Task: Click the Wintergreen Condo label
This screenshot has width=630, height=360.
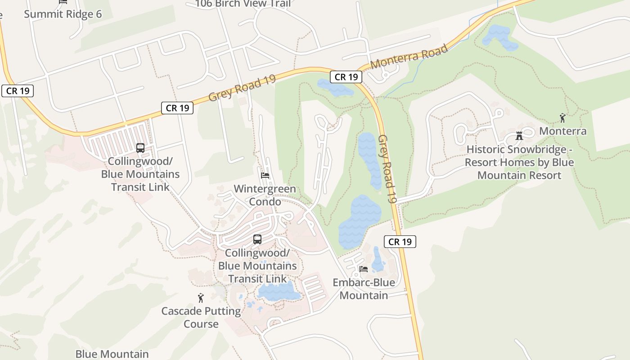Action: coord(265,195)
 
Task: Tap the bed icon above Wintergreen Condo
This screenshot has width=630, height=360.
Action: coord(265,175)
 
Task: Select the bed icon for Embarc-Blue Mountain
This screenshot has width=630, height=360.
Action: coord(364,269)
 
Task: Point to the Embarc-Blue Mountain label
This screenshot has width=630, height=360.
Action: coord(364,289)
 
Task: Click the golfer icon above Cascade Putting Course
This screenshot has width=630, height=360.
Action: coord(201,297)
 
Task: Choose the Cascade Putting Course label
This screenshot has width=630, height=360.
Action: coord(201,317)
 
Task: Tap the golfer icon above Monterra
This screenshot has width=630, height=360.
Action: coord(562,118)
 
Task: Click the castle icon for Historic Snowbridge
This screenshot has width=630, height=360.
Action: coord(519,135)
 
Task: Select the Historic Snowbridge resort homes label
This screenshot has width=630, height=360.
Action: coord(519,162)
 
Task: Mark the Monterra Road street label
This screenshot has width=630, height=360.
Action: coord(409,56)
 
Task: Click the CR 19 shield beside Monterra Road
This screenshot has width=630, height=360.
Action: coord(346,77)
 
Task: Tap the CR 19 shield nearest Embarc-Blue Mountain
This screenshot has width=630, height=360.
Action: coord(400,242)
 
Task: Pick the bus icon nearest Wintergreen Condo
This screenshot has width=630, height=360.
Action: coord(257,239)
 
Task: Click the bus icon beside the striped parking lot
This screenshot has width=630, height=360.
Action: coord(140,148)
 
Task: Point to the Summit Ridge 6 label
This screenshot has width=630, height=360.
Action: coord(63,14)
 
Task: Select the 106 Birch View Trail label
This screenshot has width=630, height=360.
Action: coord(243,4)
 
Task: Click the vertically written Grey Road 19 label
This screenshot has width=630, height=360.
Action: coord(387,169)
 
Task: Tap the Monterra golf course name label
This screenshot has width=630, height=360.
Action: coord(562,131)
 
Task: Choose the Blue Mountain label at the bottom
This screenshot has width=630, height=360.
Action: coord(112,354)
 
